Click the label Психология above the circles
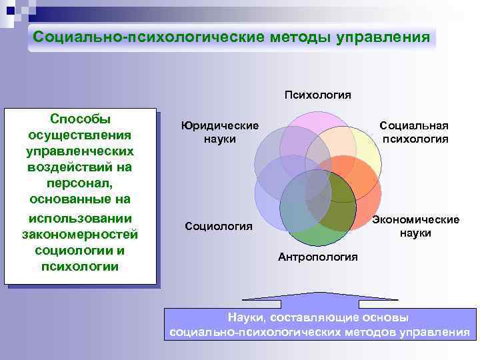(x=318, y=95)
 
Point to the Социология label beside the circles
(x=219, y=227)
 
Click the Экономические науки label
(x=415, y=226)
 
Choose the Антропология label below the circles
(x=318, y=257)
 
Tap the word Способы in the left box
(x=80, y=119)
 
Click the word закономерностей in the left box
(x=80, y=234)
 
